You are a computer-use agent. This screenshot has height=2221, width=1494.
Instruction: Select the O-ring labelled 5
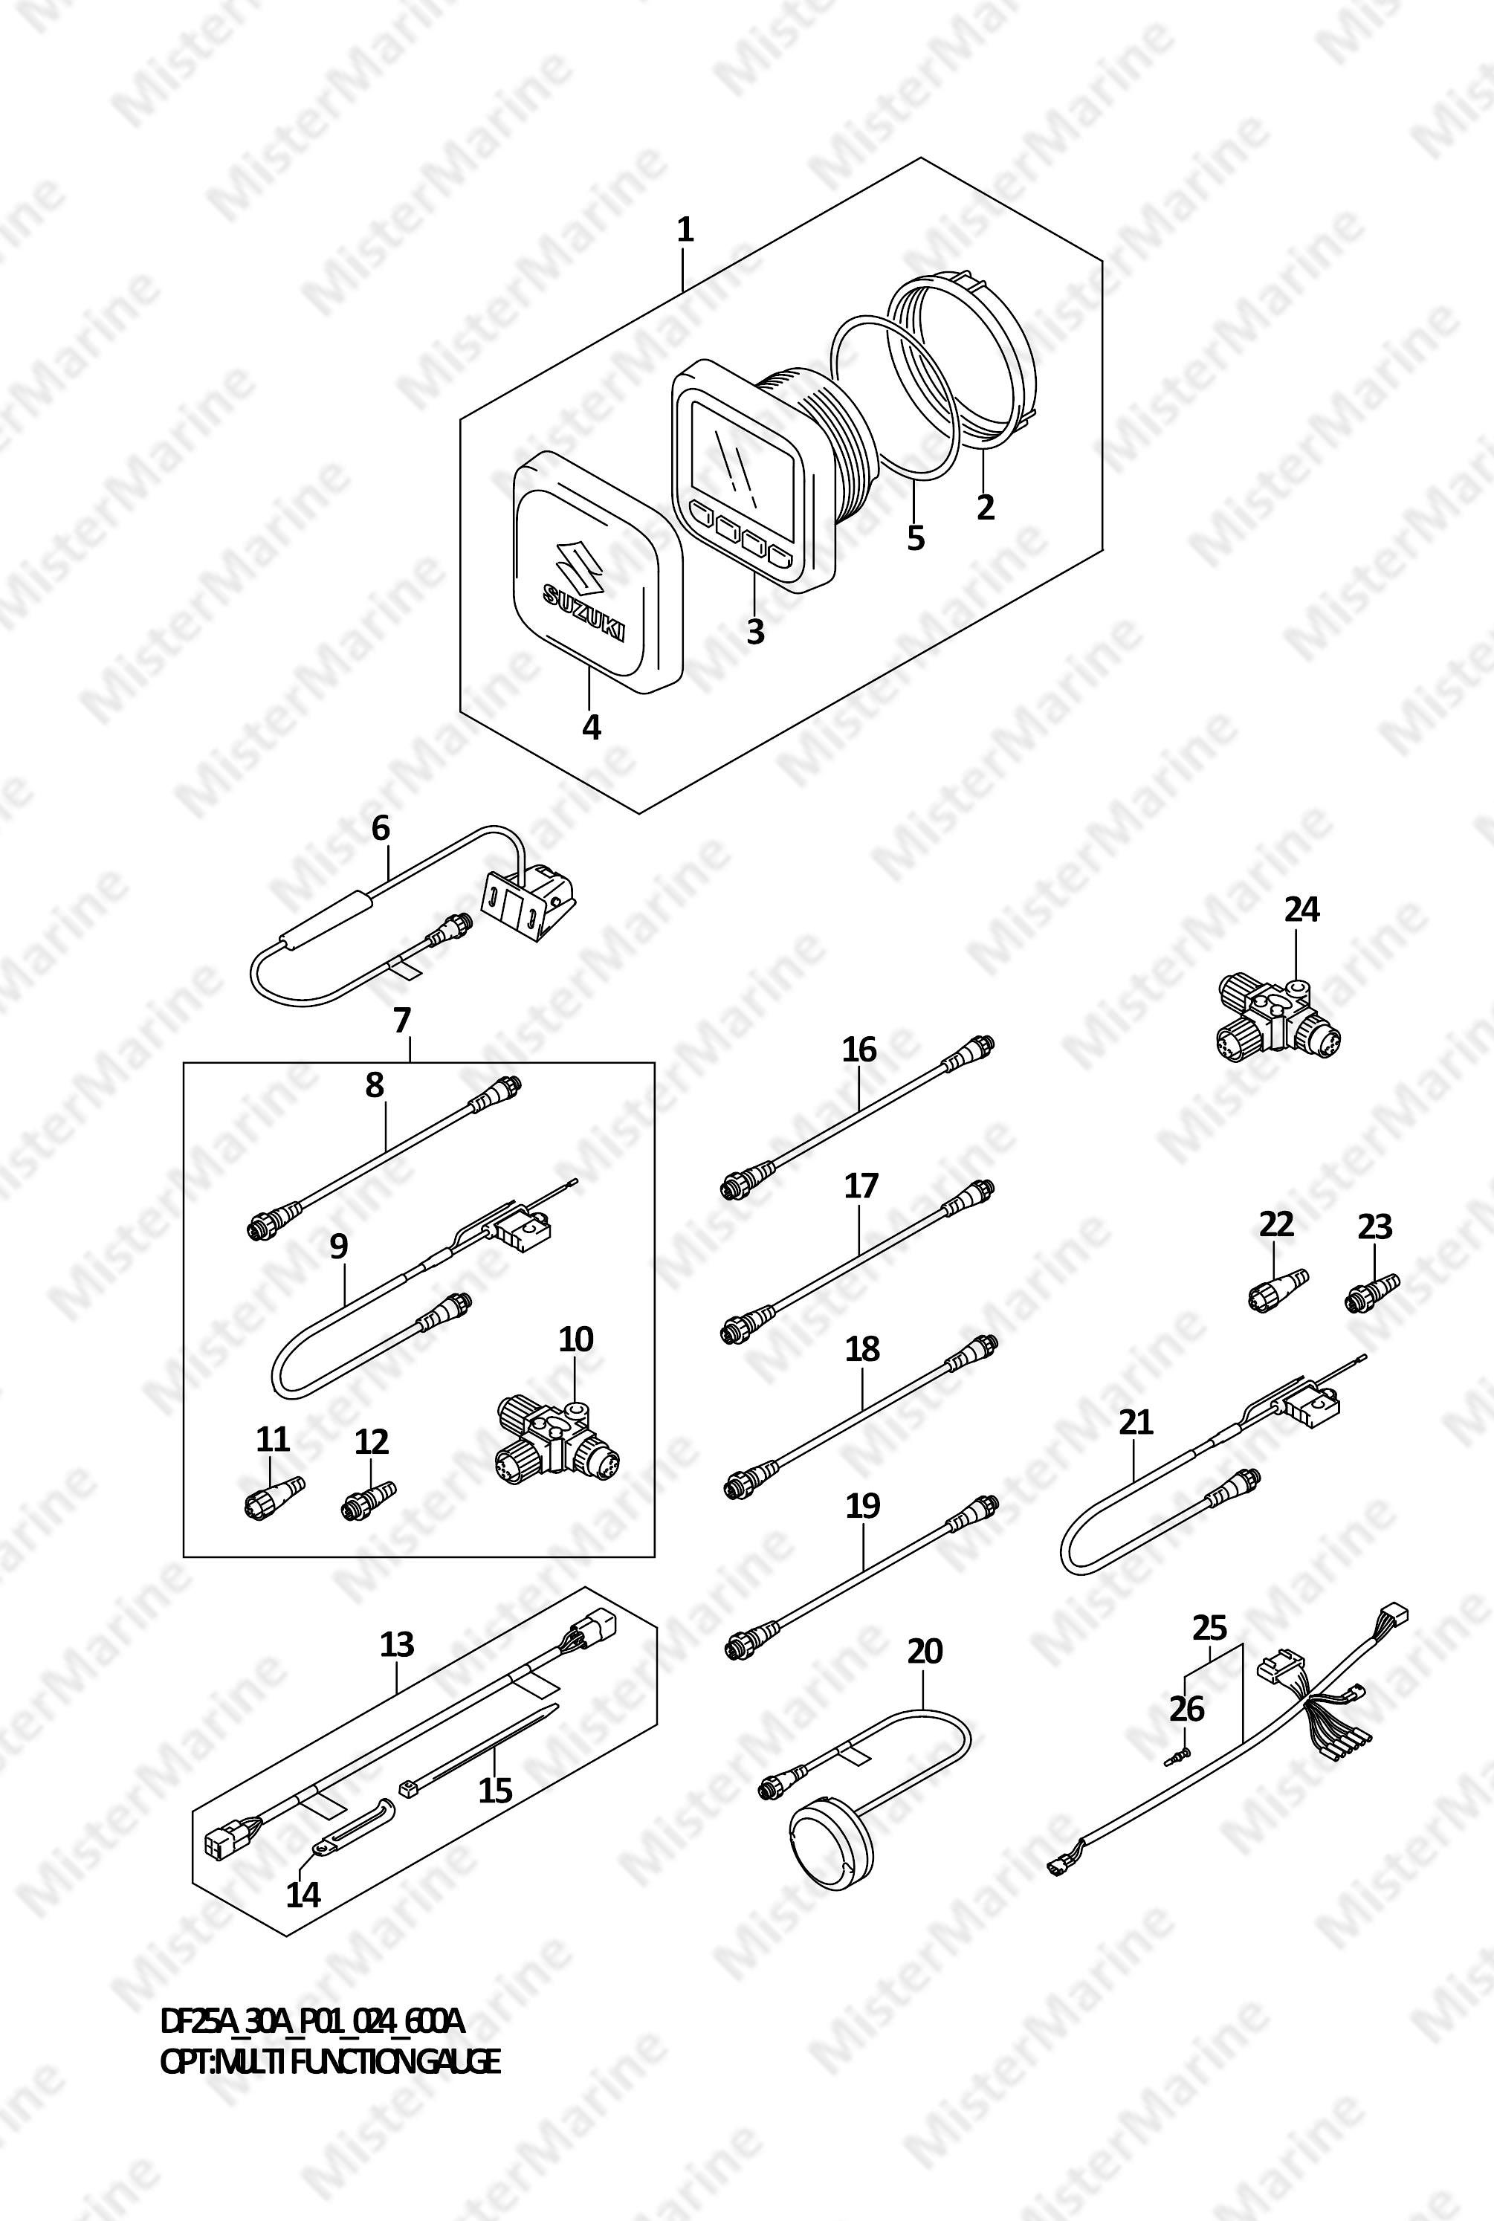point(893,398)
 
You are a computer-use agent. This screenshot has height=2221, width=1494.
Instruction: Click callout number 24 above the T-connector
point(1301,910)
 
